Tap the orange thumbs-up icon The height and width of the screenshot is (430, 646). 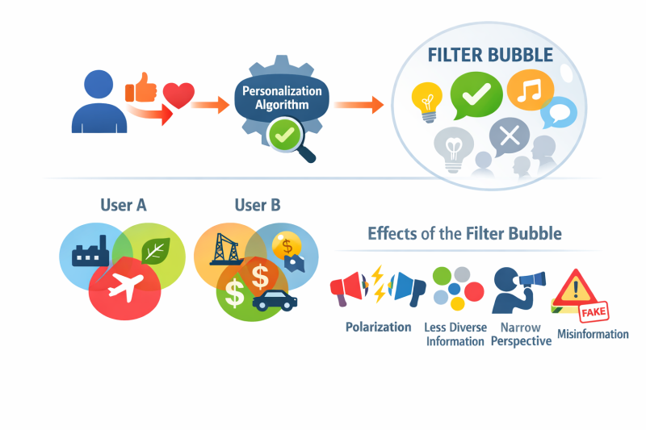(x=145, y=86)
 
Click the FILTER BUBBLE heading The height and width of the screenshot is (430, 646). (x=491, y=56)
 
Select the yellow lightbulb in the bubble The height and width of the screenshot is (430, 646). (x=426, y=99)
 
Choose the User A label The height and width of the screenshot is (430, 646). (x=123, y=205)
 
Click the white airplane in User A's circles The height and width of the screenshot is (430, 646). (x=124, y=285)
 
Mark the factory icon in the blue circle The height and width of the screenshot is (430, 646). (x=89, y=254)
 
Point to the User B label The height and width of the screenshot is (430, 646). (x=257, y=205)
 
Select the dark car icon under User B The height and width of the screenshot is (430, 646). (x=275, y=301)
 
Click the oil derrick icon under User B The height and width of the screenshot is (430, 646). (x=224, y=248)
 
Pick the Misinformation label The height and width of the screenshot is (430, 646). (x=593, y=333)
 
